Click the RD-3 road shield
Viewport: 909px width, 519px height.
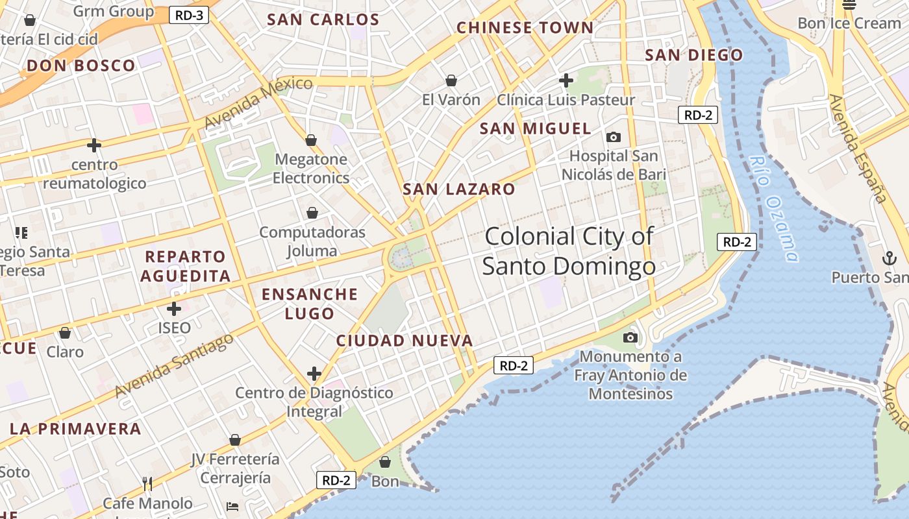pyautogui.click(x=189, y=15)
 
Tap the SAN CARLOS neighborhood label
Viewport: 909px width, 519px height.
pyautogui.click(x=323, y=19)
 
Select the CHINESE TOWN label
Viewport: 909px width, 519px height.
pyautogui.click(x=525, y=28)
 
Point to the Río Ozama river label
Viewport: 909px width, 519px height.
pyautogui.click(x=773, y=208)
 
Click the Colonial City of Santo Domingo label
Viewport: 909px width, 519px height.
pyautogui.click(x=569, y=251)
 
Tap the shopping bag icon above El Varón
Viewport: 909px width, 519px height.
pyautogui.click(x=451, y=80)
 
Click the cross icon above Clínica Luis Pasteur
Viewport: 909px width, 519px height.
pyautogui.click(x=566, y=80)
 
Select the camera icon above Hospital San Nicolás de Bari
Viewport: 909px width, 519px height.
pyautogui.click(x=613, y=137)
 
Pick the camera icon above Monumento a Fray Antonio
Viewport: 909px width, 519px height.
pyautogui.click(x=630, y=337)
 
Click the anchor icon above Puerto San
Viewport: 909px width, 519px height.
pyautogui.click(x=888, y=258)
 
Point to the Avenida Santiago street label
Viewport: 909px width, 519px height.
pyautogui.click(x=174, y=366)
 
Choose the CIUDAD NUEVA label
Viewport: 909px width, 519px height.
pyautogui.click(x=405, y=341)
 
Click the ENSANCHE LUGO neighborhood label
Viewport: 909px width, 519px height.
pyautogui.click(x=310, y=304)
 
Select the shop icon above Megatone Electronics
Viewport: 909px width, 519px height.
pyautogui.click(x=311, y=140)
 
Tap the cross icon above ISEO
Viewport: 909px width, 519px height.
pyautogui.click(x=174, y=309)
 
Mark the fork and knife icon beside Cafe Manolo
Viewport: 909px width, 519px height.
pyautogui.click(x=147, y=483)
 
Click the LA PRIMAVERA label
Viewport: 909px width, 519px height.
pyautogui.click(x=75, y=429)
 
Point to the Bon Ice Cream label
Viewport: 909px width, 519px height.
pyautogui.click(x=849, y=23)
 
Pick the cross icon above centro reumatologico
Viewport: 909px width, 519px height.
pyautogui.click(x=94, y=145)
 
